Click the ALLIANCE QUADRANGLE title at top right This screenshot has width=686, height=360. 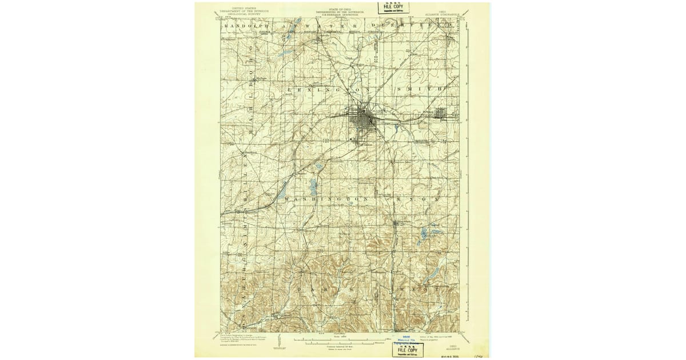[444, 12]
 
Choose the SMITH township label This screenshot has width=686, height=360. [421, 90]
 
